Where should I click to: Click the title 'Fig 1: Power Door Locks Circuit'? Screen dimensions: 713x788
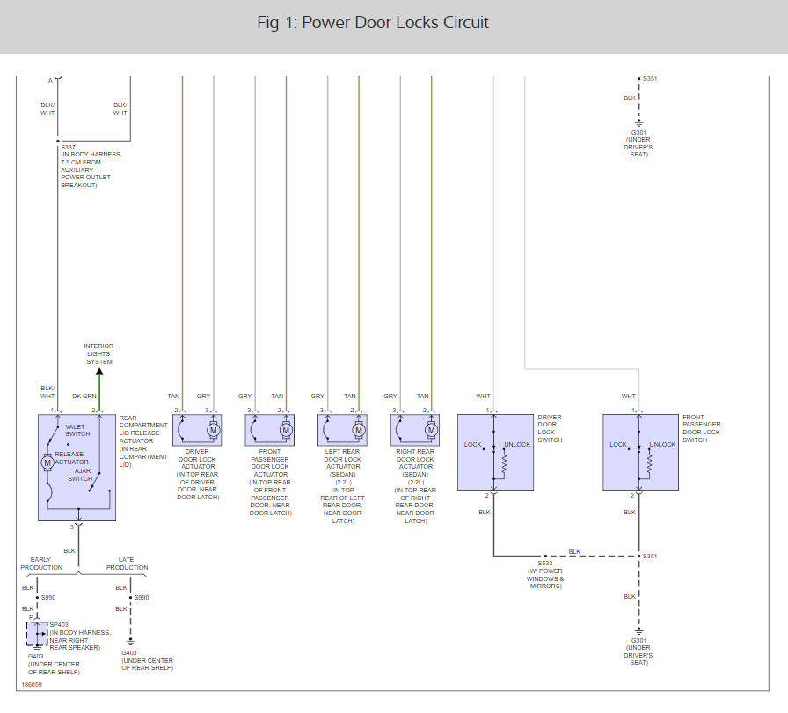pyautogui.click(x=373, y=22)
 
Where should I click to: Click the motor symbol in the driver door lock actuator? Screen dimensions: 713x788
pyautogui.click(x=212, y=430)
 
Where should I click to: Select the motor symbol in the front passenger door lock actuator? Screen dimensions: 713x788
pyautogui.click(x=286, y=430)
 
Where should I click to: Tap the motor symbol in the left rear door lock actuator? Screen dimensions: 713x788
pyautogui.click(x=358, y=430)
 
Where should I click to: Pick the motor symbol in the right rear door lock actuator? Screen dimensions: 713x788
pyautogui.click(x=431, y=430)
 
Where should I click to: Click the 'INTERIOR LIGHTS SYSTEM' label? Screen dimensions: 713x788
pyautogui.click(x=98, y=353)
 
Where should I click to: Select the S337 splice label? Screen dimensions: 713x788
pyautogui.click(x=68, y=147)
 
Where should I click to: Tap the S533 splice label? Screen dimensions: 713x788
pyautogui.click(x=545, y=564)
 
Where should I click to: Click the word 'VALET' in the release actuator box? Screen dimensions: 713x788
pyautogui.click(x=76, y=426)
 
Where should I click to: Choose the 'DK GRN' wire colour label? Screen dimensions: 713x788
pyautogui.click(x=84, y=397)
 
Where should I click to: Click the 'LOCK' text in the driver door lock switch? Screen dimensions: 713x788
pyautogui.click(x=473, y=444)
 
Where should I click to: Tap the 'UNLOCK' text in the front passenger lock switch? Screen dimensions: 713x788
pyautogui.click(x=662, y=444)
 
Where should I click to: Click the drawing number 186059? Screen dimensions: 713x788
pyautogui.click(x=32, y=683)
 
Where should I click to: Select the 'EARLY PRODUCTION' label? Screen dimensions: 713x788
pyautogui.click(x=40, y=563)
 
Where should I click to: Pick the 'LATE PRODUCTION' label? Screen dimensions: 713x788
pyautogui.click(x=133, y=563)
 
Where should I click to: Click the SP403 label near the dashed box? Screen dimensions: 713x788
pyautogui.click(x=59, y=625)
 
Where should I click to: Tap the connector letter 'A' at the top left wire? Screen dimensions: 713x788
pyautogui.click(x=49, y=80)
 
